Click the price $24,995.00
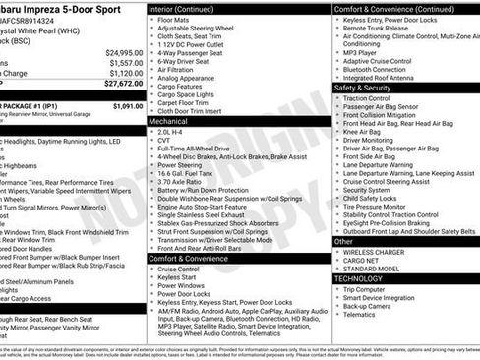point(124,52)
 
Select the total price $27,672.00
point(124,85)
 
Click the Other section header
point(344,240)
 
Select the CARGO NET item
point(365,261)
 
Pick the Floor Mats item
point(174,19)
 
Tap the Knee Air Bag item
point(364,132)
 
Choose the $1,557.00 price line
point(126,62)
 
